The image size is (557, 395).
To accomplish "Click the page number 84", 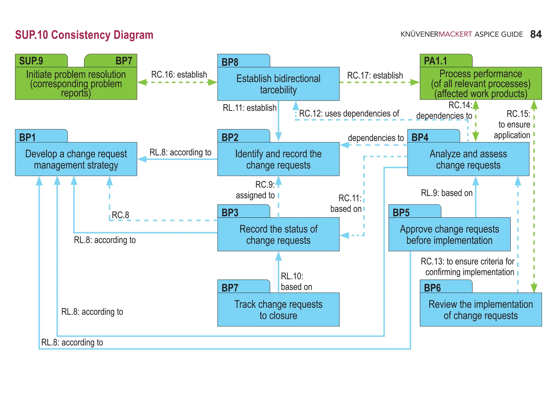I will point(536,34).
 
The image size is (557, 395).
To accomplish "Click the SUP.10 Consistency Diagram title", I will point(84,35).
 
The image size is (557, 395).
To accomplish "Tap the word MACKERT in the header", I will point(455,34).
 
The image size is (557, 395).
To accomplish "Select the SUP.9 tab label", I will point(31,61).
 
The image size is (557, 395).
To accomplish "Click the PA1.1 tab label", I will point(435,61).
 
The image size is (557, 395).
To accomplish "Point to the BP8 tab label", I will point(230,62).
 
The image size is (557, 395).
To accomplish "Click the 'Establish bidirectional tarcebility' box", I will point(278,84).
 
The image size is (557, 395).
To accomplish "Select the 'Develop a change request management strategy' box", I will point(76,159).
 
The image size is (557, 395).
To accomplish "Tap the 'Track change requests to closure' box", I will point(278,310).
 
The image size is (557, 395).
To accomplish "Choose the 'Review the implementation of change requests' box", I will point(481,310).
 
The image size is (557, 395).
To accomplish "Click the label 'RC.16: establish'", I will point(179,74).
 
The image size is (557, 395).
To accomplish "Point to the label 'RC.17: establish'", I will point(375,75).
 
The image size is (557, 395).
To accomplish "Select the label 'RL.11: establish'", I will point(249,108).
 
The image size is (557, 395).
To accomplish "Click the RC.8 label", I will point(120,215).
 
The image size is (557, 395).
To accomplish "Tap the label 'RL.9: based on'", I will point(447,193).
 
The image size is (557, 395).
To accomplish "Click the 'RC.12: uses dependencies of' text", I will point(349,113).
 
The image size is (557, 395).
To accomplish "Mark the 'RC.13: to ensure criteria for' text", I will point(467,261).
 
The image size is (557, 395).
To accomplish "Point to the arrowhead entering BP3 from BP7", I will point(278,256).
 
